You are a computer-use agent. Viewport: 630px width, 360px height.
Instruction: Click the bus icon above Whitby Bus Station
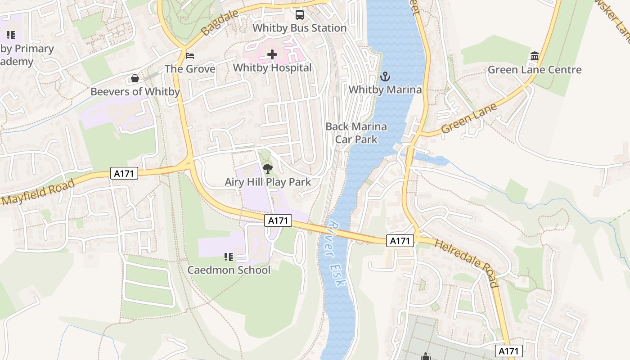[300, 15]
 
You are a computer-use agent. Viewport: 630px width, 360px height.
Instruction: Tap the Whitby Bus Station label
[299, 28]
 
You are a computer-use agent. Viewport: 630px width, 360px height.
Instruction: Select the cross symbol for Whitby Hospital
[272, 55]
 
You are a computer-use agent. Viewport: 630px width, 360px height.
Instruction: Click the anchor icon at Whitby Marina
[385, 76]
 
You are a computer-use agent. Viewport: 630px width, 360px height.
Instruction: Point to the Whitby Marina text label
[385, 90]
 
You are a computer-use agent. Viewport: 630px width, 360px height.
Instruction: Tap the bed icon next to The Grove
[190, 56]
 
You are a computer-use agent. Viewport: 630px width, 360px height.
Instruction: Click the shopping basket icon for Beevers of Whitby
[135, 79]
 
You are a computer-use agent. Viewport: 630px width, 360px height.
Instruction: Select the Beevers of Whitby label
[135, 92]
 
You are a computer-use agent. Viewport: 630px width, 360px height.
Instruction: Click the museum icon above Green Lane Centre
[535, 56]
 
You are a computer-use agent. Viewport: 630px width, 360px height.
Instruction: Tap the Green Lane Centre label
[535, 70]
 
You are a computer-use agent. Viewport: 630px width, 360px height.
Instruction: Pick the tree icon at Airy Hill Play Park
[268, 169]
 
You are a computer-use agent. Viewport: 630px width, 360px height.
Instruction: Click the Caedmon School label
[229, 270]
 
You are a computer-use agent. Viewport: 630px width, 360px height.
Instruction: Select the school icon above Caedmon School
[229, 257]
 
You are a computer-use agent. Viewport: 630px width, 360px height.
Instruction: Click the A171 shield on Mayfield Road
[124, 173]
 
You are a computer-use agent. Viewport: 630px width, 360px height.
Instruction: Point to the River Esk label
[337, 254]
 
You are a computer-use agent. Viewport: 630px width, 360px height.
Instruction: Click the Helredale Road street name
[468, 263]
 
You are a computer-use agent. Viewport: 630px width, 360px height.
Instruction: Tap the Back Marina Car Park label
[356, 133]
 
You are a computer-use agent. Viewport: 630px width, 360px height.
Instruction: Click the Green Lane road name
[469, 118]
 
